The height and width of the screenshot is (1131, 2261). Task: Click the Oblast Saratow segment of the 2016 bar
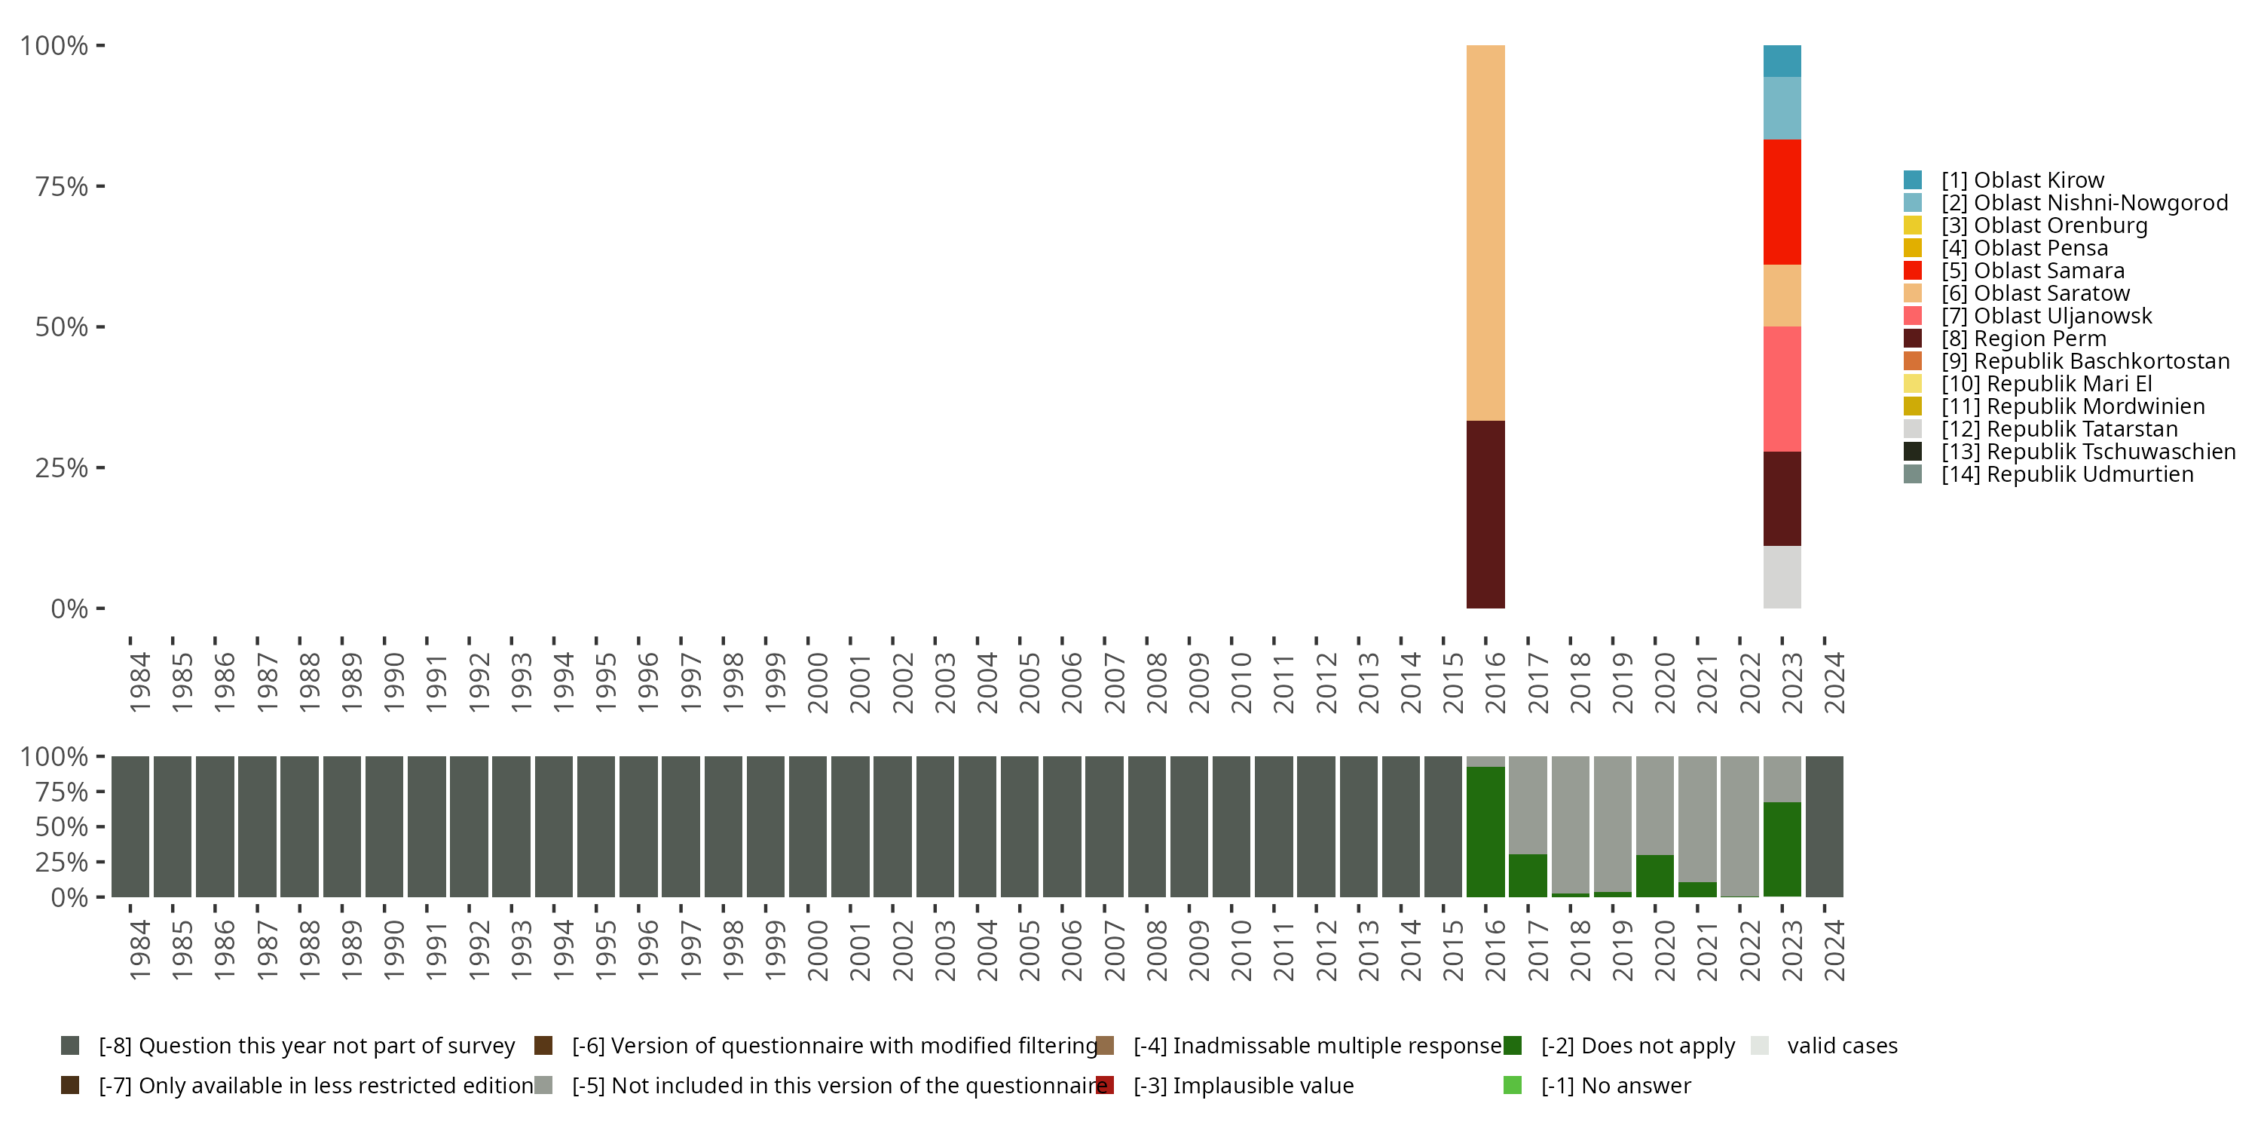[x=1485, y=233]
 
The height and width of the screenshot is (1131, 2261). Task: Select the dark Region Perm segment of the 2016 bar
[x=1485, y=514]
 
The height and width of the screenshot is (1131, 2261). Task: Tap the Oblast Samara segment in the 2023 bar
[x=1782, y=202]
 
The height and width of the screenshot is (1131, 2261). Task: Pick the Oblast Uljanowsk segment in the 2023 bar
[x=1782, y=389]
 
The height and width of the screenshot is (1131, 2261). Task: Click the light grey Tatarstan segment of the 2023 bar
[x=1782, y=577]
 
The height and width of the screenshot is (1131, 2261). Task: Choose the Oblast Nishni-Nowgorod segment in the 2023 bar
[x=1782, y=108]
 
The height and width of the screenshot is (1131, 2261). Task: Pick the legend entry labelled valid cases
[x=1841, y=1046]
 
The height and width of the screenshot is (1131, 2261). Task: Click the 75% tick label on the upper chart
[x=62, y=186]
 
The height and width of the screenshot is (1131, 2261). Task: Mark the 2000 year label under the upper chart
[x=817, y=682]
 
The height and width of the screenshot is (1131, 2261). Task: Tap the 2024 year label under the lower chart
[x=1834, y=950]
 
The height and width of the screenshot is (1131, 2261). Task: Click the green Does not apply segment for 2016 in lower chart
[x=1485, y=832]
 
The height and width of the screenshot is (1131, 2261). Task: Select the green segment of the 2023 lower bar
[x=1782, y=849]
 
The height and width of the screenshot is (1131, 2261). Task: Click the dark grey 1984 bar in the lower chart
[x=130, y=826]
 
